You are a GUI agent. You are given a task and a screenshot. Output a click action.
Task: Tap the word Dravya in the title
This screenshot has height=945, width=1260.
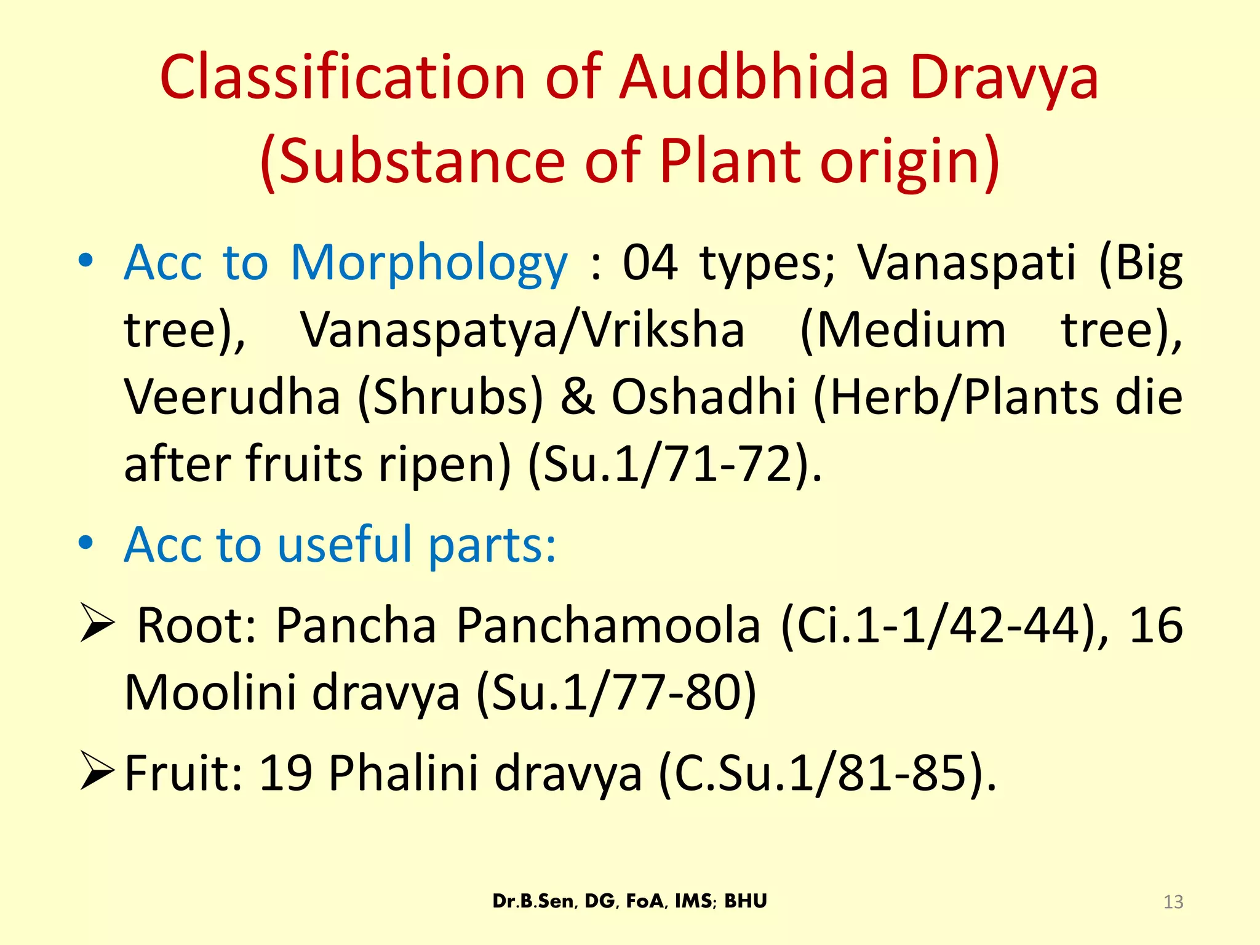(x=1004, y=79)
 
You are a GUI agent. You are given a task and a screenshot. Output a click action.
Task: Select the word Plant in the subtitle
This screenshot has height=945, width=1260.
(x=731, y=161)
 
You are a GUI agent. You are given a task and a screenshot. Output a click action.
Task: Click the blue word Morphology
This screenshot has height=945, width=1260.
(x=429, y=263)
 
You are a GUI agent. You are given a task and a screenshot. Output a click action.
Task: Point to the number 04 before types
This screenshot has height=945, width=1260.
(x=650, y=263)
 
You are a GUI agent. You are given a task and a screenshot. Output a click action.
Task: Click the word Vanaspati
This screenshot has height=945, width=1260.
(x=967, y=263)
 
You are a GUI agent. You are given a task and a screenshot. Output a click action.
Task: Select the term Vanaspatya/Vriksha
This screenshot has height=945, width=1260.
(x=522, y=330)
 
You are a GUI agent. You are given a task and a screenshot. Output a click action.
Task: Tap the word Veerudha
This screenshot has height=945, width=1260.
(x=232, y=397)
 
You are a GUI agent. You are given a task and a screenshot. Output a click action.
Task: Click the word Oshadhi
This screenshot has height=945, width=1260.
(x=704, y=397)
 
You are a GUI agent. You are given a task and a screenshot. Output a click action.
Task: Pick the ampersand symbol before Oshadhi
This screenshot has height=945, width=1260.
(x=578, y=397)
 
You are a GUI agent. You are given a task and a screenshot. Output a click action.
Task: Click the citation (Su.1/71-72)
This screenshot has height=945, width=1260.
(x=674, y=464)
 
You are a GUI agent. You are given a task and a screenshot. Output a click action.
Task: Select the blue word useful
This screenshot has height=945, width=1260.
(x=345, y=545)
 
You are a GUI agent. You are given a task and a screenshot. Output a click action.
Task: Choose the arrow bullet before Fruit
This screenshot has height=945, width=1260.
(x=97, y=773)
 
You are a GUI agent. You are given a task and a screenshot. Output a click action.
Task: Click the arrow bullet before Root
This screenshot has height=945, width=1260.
(x=97, y=624)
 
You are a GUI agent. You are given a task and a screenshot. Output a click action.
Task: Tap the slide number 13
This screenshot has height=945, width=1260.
(x=1173, y=902)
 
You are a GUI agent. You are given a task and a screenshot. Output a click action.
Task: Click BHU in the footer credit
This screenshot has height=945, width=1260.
(x=746, y=901)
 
